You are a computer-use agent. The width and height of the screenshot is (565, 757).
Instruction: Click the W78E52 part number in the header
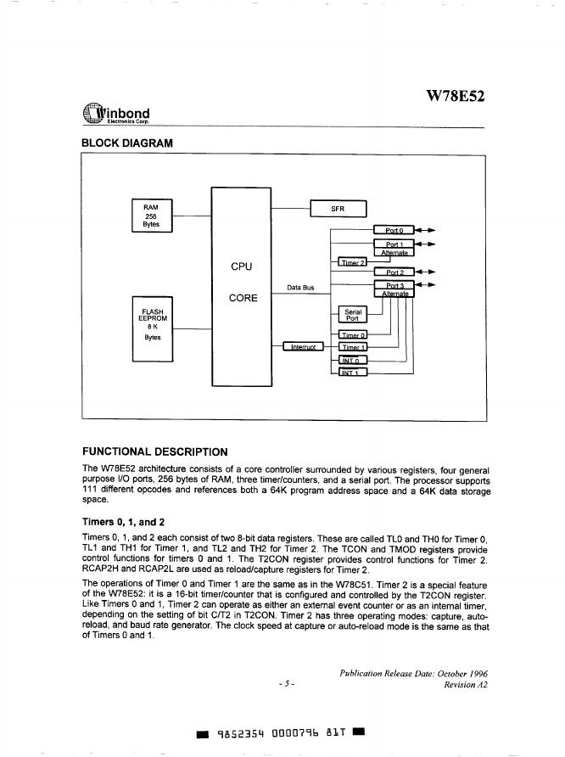coord(455,97)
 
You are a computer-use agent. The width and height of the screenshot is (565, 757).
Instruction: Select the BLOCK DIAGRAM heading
coord(126,143)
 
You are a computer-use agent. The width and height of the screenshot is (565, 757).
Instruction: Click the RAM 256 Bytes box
coord(151,216)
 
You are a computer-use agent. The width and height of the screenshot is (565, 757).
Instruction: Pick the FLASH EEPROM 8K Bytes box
coord(153,328)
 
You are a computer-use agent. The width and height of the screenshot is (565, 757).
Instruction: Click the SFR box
coord(337,209)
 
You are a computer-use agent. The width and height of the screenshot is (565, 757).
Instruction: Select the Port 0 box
coord(394,230)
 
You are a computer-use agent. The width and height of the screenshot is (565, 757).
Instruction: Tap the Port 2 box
coord(394,272)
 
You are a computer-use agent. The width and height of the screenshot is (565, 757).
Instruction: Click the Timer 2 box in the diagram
coord(351,262)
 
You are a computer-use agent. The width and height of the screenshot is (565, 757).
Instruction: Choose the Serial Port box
coord(353,316)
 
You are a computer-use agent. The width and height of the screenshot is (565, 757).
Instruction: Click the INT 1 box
coord(351,372)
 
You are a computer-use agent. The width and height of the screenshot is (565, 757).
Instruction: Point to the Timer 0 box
coord(351,335)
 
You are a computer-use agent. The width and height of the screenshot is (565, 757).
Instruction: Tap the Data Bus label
coord(300,288)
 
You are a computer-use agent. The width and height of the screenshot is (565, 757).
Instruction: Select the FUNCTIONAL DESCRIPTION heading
coord(154,451)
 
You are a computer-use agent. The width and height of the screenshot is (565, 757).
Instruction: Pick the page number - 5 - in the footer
coord(286,684)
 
